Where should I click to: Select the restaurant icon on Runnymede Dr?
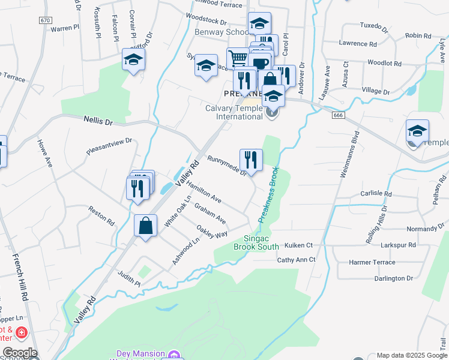coord(251,160)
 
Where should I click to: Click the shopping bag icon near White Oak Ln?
coord(145,226)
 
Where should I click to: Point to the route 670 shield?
coord(45,20)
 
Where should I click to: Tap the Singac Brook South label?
coord(256,242)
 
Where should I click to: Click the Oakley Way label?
coord(212,231)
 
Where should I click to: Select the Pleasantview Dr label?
coord(109,148)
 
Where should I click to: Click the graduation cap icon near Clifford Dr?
coord(133,60)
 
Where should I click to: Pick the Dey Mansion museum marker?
coord(174,355)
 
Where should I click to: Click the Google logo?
coord(19,353)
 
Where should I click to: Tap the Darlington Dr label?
coord(390,278)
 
